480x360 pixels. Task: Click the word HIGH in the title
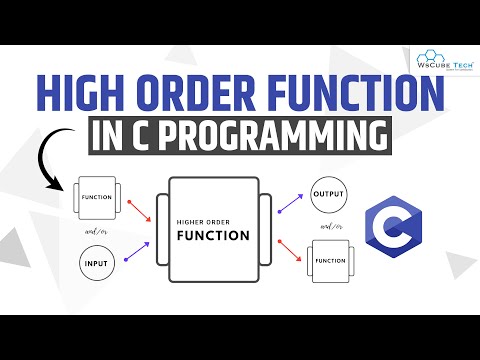(82, 95)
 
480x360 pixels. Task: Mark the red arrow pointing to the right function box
(289, 253)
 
